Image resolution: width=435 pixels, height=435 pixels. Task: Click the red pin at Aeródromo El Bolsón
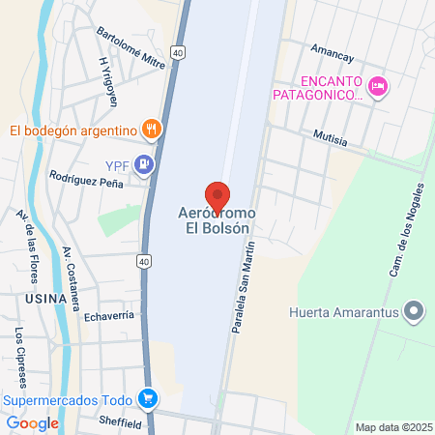tap(217, 194)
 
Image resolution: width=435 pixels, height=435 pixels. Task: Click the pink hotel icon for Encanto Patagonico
tap(379, 87)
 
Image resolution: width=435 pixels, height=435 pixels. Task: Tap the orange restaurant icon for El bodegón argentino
tap(150, 129)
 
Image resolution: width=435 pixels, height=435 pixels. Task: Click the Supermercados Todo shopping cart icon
tap(147, 397)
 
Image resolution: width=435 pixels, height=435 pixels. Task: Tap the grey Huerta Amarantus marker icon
tap(415, 311)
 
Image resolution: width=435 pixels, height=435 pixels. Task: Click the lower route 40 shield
tap(143, 261)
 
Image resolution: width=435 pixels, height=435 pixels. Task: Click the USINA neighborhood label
tap(40, 299)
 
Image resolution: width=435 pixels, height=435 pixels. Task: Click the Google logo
tap(32, 422)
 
